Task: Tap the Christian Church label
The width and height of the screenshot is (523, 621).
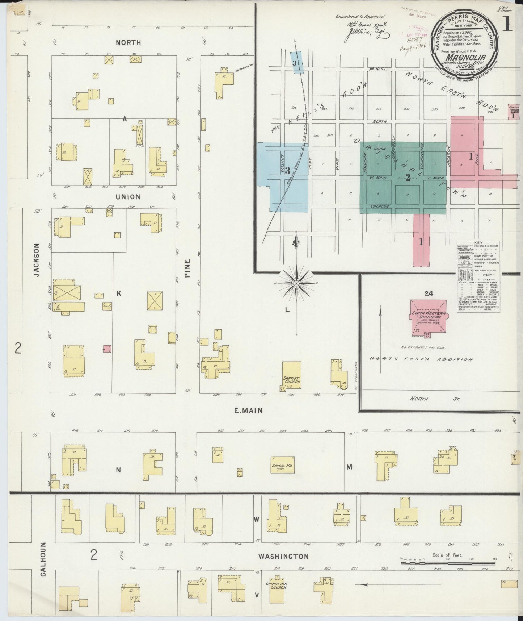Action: (276, 585)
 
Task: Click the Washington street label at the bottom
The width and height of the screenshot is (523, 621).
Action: (283, 566)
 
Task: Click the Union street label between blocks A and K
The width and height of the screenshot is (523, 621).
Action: (127, 197)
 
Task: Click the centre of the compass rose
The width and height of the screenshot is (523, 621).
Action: (296, 283)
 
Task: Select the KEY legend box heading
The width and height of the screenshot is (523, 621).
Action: (478, 244)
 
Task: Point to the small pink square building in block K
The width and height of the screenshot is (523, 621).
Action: (107, 349)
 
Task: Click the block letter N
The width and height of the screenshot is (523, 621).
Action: (118, 470)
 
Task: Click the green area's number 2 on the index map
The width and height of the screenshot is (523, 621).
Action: (408, 178)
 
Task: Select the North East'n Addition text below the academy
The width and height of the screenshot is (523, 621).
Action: (421, 359)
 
